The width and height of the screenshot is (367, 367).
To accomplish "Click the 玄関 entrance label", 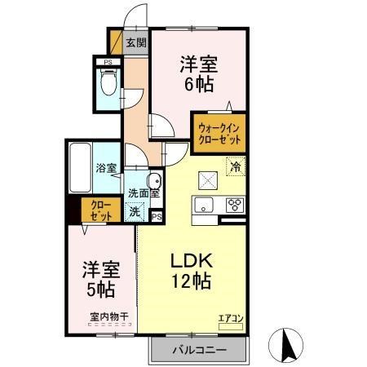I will [x=136, y=43].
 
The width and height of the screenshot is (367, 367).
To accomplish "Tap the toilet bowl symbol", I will [x=107, y=82].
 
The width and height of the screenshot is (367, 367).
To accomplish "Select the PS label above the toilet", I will [x=106, y=60].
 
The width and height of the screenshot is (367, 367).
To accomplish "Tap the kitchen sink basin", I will [x=204, y=204].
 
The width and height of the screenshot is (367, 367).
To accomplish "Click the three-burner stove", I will [x=234, y=204].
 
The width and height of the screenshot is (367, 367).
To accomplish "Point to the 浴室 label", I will [x=107, y=168].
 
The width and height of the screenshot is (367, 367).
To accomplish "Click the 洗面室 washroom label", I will [x=144, y=193].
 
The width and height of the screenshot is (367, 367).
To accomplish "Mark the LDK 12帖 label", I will [x=192, y=272].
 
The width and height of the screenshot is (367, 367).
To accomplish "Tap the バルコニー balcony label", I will [x=198, y=351].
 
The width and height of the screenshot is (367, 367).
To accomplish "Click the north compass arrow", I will [x=286, y=344].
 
